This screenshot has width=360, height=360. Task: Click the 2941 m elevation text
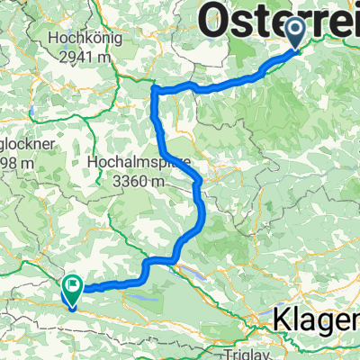[85, 57]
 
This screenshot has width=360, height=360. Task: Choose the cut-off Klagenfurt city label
[316, 319]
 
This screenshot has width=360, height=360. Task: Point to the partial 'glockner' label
[19, 144]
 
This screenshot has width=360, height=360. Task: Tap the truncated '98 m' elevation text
[15, 163]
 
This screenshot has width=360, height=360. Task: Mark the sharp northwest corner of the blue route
[155, 88]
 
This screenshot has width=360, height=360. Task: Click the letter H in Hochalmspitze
[95, 163]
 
